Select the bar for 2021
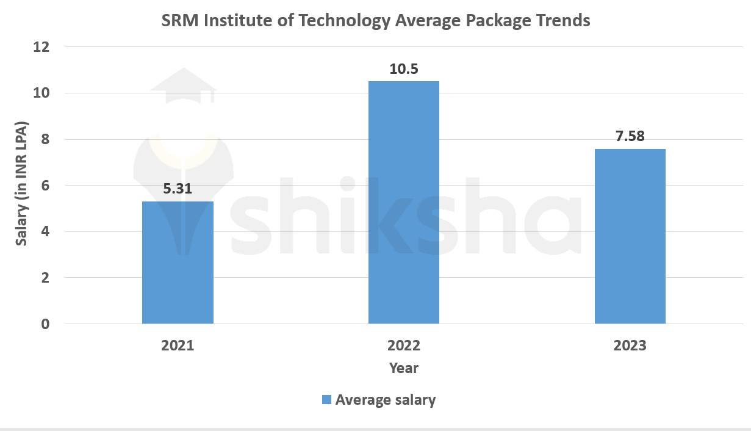178,263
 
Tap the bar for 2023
630,236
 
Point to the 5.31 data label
178,189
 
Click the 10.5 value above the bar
403,69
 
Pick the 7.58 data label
630,136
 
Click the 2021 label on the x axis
178,346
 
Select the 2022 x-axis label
403,346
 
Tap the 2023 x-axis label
630,346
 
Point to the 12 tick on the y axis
41,47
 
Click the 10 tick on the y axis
41,93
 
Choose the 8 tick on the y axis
45,139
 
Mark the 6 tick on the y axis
45,186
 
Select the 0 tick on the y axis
45,324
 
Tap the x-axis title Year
403,368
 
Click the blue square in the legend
326,400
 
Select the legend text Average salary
386,400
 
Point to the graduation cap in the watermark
183,85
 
